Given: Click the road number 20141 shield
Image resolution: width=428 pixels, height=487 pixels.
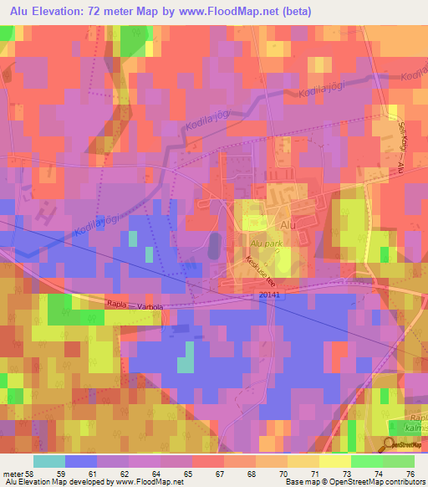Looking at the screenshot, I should (x=269, y=294).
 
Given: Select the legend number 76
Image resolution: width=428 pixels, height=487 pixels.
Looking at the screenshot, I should (x=409, y=472).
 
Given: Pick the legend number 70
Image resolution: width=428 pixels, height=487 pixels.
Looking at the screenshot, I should (x=295, y=472).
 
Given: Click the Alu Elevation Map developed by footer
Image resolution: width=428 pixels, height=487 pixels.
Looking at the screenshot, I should (x=58, y=482).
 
